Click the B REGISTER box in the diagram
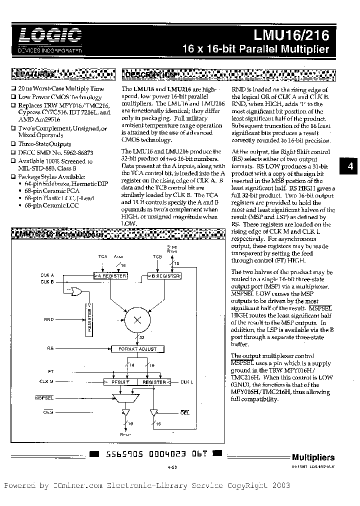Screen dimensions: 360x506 click(164, 275)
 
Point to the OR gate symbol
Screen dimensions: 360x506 click(78, 290)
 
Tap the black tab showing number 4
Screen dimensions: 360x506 click(350, 167)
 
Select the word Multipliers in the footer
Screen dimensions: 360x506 click(313, 457)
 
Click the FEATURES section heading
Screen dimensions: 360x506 click(37, 74)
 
